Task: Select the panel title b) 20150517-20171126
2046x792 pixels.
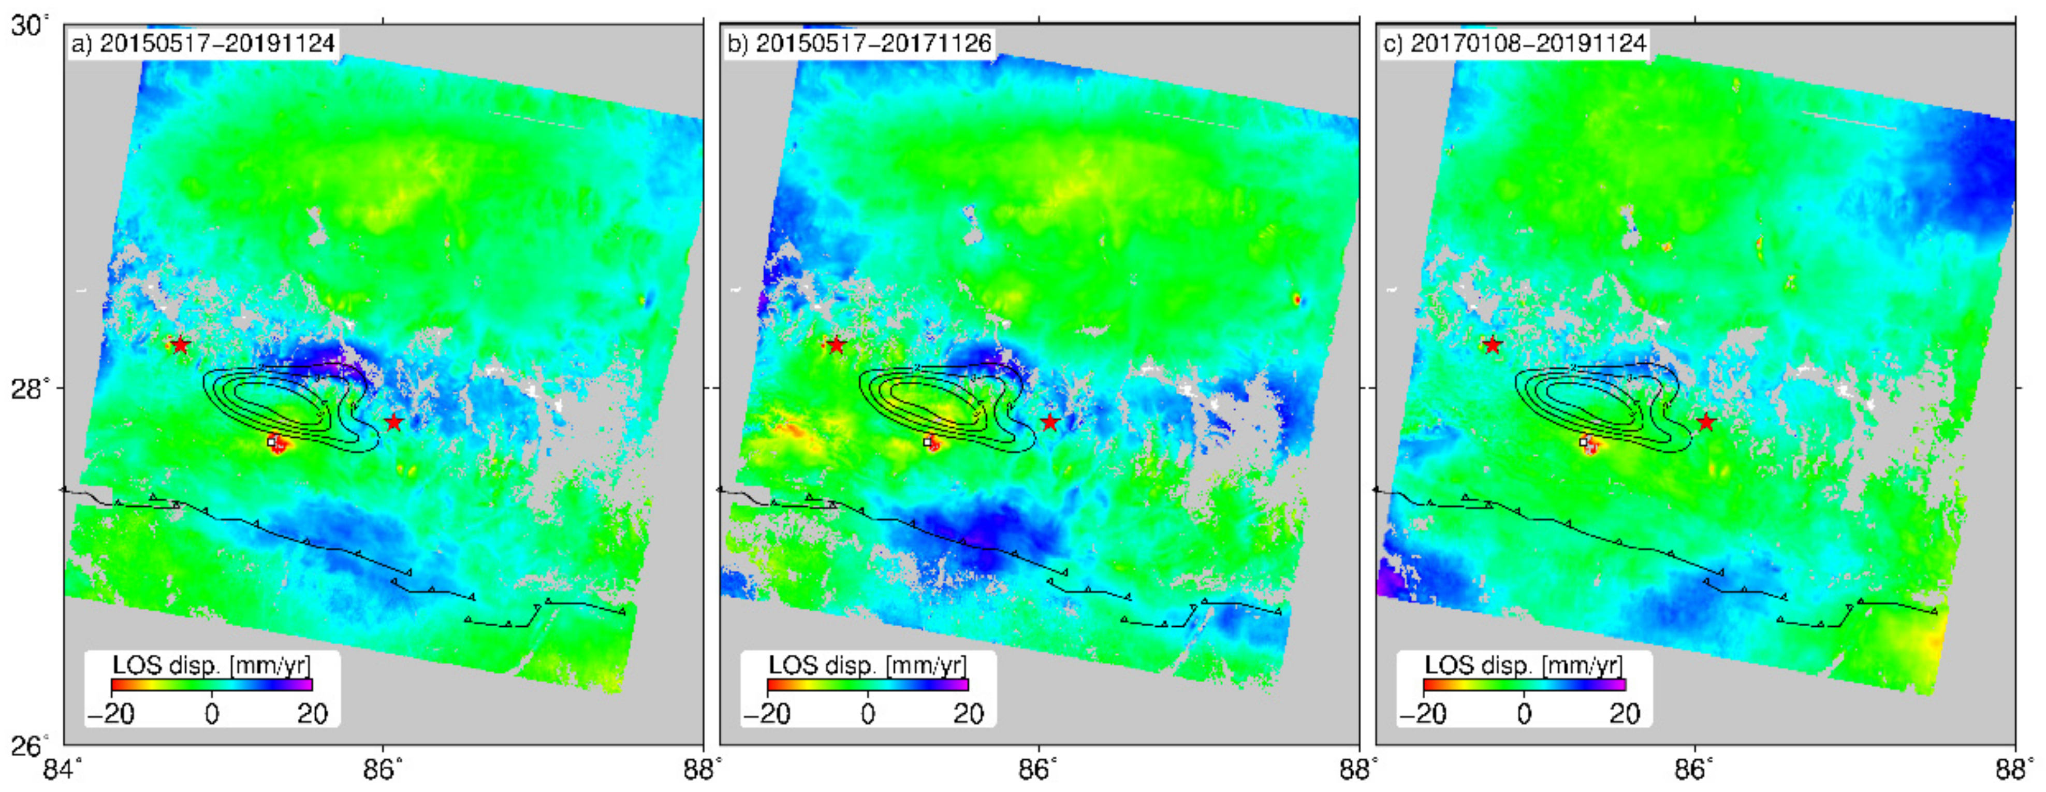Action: coord(859,43)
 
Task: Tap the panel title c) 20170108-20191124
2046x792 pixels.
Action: coord(1515,43)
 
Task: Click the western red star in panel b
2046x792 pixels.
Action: coord(836,345)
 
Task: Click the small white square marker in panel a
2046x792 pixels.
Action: coord(271,441)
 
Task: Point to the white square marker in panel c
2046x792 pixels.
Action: coord(1583,441)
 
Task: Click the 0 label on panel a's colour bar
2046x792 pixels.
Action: coord(211,713)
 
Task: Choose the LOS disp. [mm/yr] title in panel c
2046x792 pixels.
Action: coord(1524,664)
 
